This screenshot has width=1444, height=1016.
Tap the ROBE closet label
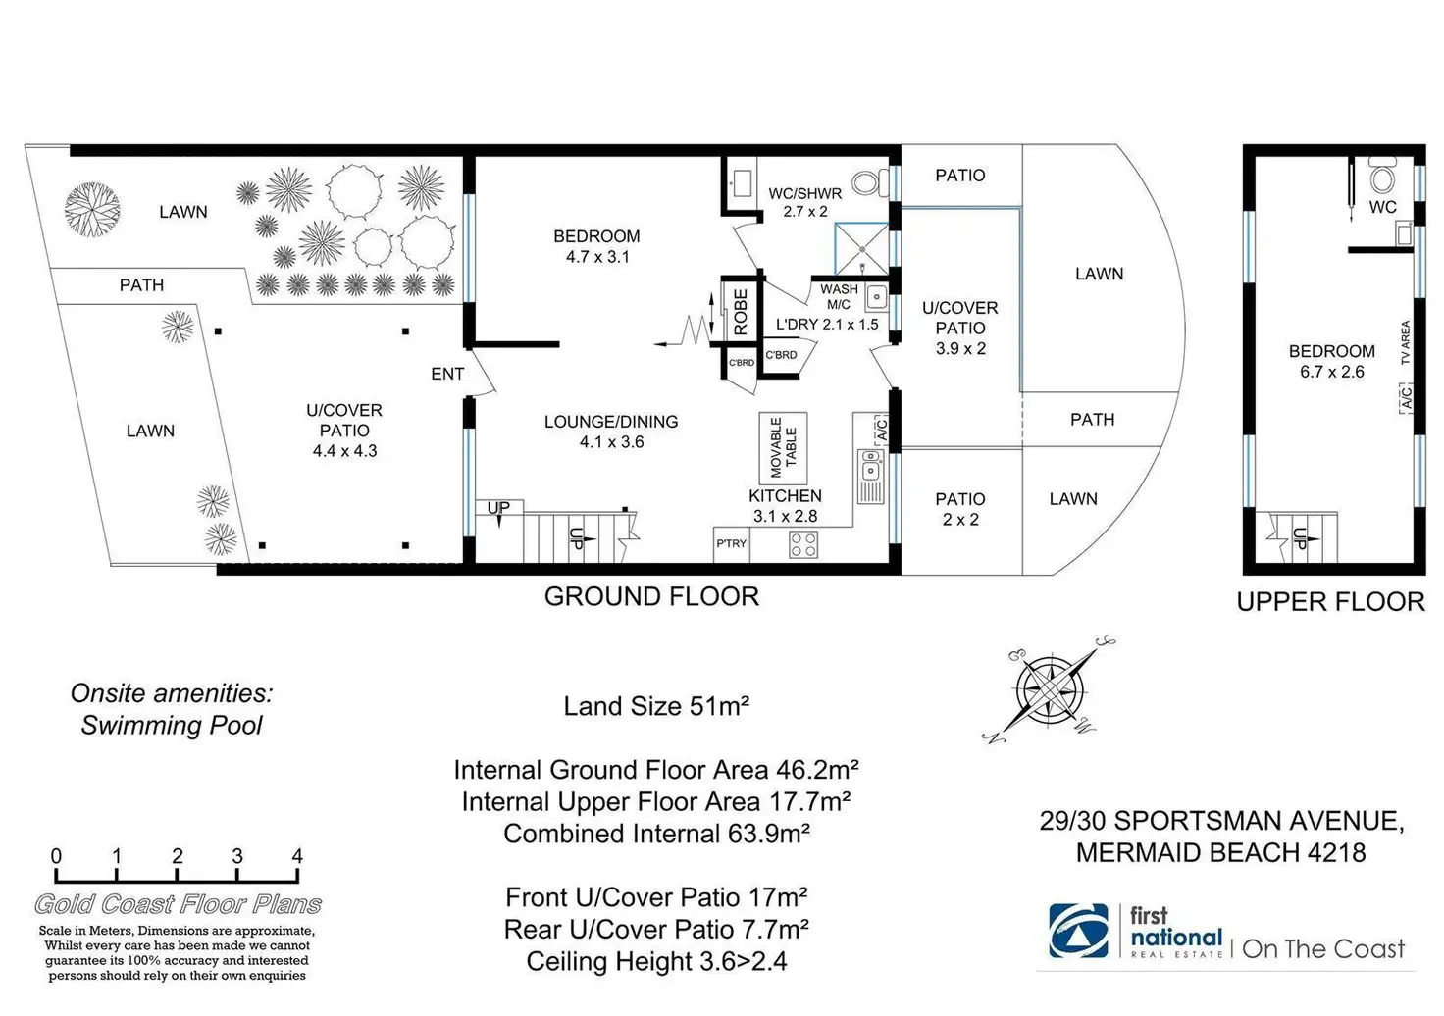[x=740, y=311]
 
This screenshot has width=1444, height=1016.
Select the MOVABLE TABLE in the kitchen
[x=783, y=447]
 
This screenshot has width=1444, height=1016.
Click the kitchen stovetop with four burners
[x=803, y=544]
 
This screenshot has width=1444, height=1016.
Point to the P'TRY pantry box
[x=731, y=543]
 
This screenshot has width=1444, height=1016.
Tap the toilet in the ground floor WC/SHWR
[x=865, y=182]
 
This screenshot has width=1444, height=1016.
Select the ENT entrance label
[x=447, y=374]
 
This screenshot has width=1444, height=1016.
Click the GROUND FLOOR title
[x=651, y=596]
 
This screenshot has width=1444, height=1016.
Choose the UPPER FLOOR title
[x=1330, y=602]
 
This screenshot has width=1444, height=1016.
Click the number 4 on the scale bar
[x=297, y=856]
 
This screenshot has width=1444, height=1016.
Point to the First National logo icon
[x=1078, y=930]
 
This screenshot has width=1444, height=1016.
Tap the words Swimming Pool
[x=172, y=726]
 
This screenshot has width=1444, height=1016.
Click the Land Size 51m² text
[x=656, y=706]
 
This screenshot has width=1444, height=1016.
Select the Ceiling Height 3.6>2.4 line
[x=656, y=961]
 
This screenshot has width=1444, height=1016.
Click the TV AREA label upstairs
[x=1405, y=342]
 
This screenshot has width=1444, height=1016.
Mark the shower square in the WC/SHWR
[x=860, y=249]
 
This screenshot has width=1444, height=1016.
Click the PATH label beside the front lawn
[x=141, y=285]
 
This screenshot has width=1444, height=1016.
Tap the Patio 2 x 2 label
[x=959, y=509]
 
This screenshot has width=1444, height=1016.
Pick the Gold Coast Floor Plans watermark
[x=178, y=904]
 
